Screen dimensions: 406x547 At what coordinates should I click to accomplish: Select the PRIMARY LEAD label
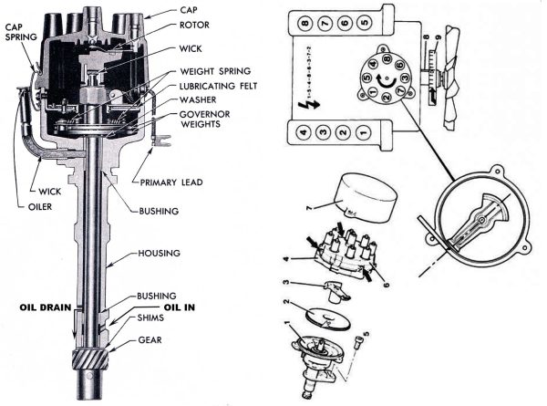pyautogui.click(x=171, y=182)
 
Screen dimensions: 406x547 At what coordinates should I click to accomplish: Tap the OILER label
pyautogui.click(x=28, y=204)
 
